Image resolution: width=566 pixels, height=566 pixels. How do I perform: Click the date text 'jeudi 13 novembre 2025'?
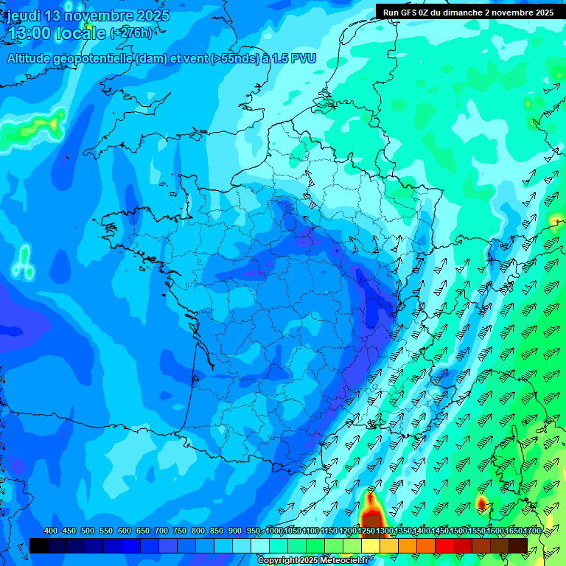[x=88, y=15]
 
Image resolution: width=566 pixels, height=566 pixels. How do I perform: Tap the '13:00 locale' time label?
[x=56, y=33]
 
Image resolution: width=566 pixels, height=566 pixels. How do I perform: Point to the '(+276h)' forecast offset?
[x=130, y=33]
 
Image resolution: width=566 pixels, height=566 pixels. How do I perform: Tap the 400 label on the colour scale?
[x=51, y=531]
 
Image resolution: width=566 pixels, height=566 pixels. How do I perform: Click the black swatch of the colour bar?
[x=39, y=545]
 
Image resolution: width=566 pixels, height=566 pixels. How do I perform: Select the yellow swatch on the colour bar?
[x=371, y=545]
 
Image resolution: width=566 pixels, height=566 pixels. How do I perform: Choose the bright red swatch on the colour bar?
[x=444, y=545]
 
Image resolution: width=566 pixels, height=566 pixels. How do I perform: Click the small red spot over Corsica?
[x=481, y=503]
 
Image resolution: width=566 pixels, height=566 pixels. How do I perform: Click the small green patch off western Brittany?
[x=24, y=262]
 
